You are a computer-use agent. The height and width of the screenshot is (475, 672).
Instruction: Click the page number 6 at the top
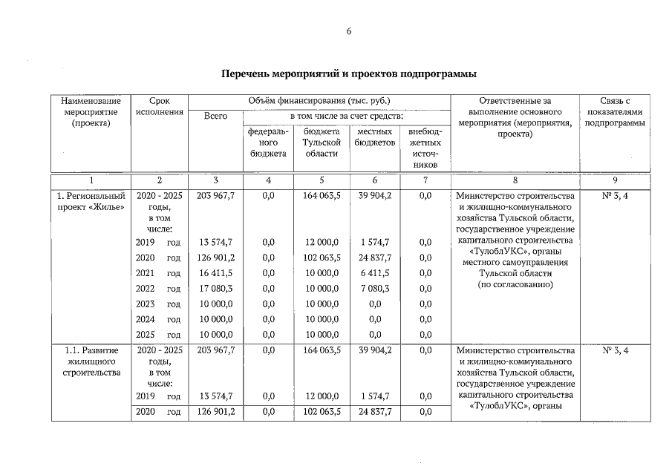(x=349, y=31)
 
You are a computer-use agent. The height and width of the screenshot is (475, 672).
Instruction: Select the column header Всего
(x=215, y=117)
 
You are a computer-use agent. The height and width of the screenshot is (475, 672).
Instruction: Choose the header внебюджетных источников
(x=425, y=147)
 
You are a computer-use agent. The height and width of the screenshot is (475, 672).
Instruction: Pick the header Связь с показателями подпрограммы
(x=614, y=111)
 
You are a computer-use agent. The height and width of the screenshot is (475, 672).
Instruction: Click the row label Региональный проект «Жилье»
(x=91, y=201)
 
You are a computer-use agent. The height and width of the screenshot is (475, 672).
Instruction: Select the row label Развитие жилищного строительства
(x=91, y=361)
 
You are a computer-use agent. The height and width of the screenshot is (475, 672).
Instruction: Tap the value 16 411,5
(x=215, y=273)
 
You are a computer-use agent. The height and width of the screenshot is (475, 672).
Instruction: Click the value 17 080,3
(x=215, y=289)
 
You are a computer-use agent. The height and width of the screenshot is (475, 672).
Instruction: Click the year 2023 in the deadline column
(x=146, y=304)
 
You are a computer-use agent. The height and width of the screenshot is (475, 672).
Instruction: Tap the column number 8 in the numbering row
(x=515, y=180)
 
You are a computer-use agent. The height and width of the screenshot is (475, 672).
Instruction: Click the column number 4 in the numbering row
(x=268, y=180)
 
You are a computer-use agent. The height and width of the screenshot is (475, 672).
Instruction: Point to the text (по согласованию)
(x=515, y=284)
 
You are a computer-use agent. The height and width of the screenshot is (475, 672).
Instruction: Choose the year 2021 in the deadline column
(x=146, y=273)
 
